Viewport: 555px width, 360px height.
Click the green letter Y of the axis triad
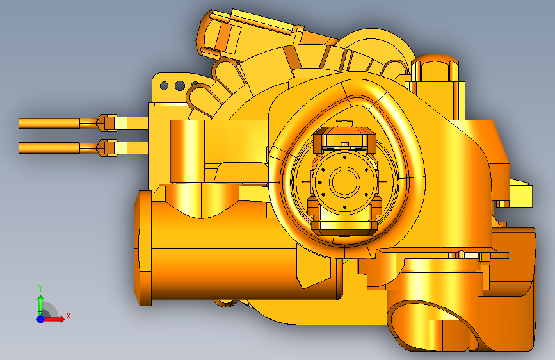[40, 288]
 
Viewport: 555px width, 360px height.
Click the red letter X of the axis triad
[68, 316]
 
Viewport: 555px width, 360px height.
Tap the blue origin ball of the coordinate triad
[41, 319]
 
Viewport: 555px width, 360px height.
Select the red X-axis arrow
[54, 319]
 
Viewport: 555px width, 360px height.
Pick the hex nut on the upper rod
[107, 123]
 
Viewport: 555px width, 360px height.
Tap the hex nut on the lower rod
[107, 148]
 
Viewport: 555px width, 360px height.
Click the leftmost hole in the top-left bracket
[164, 85]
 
